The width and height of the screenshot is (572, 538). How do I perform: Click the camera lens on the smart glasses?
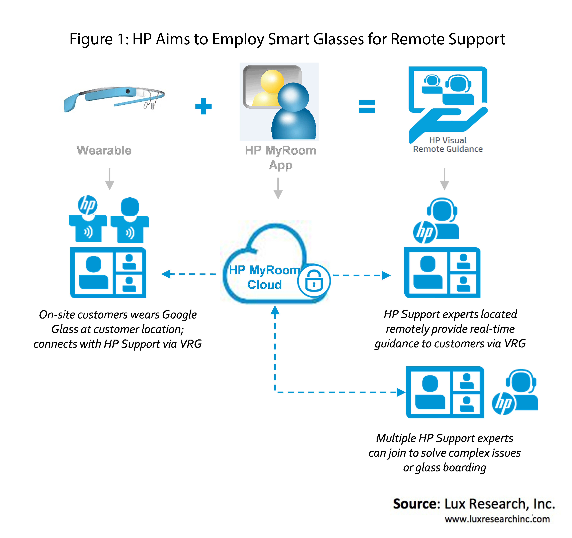point(127,91)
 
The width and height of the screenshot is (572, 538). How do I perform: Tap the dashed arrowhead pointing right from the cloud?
point(386,275)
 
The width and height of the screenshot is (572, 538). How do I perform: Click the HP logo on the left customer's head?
point(87,205)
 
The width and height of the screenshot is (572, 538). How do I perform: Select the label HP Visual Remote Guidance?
point(448,145)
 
